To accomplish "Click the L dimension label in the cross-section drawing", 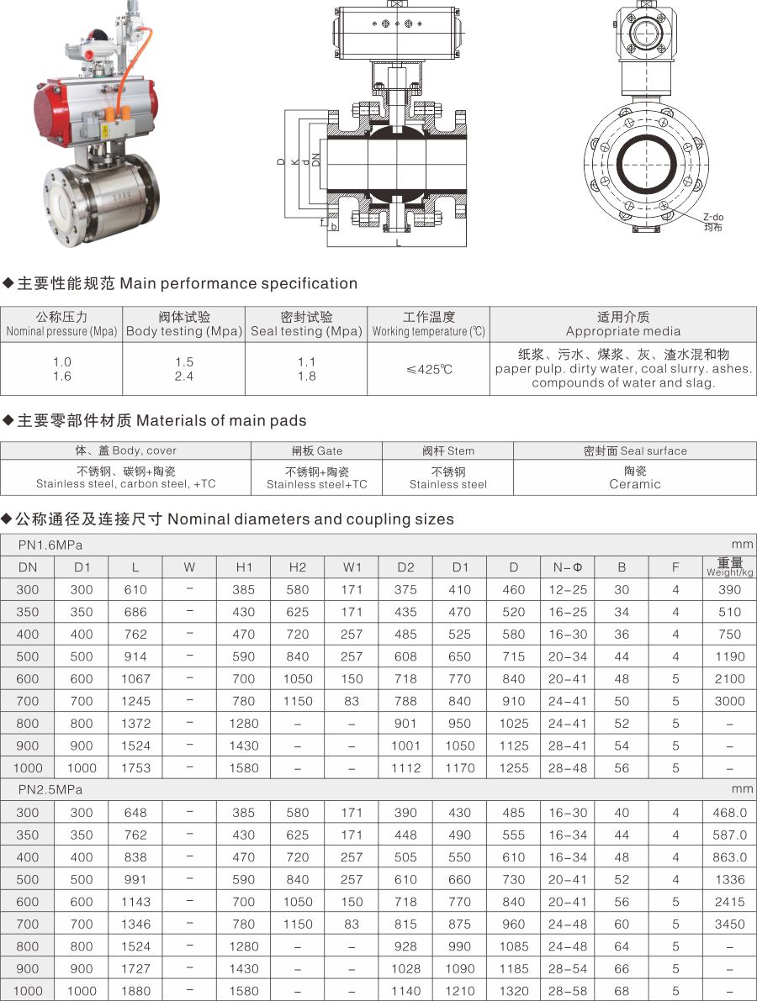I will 398,243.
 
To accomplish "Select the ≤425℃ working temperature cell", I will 428,369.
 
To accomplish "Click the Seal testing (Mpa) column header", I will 306,324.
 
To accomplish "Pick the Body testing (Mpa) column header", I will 184,324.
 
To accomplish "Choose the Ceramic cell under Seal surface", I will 635,477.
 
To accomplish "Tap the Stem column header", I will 447,450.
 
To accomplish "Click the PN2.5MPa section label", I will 50,790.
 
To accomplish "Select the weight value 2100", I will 729,679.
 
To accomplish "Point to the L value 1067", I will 135,679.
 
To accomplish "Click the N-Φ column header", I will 567,567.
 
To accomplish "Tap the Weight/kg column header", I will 729,567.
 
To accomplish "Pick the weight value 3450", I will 729,925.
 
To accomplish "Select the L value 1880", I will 135,991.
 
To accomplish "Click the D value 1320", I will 513,991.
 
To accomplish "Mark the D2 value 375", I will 405,590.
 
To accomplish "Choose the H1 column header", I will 243,567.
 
